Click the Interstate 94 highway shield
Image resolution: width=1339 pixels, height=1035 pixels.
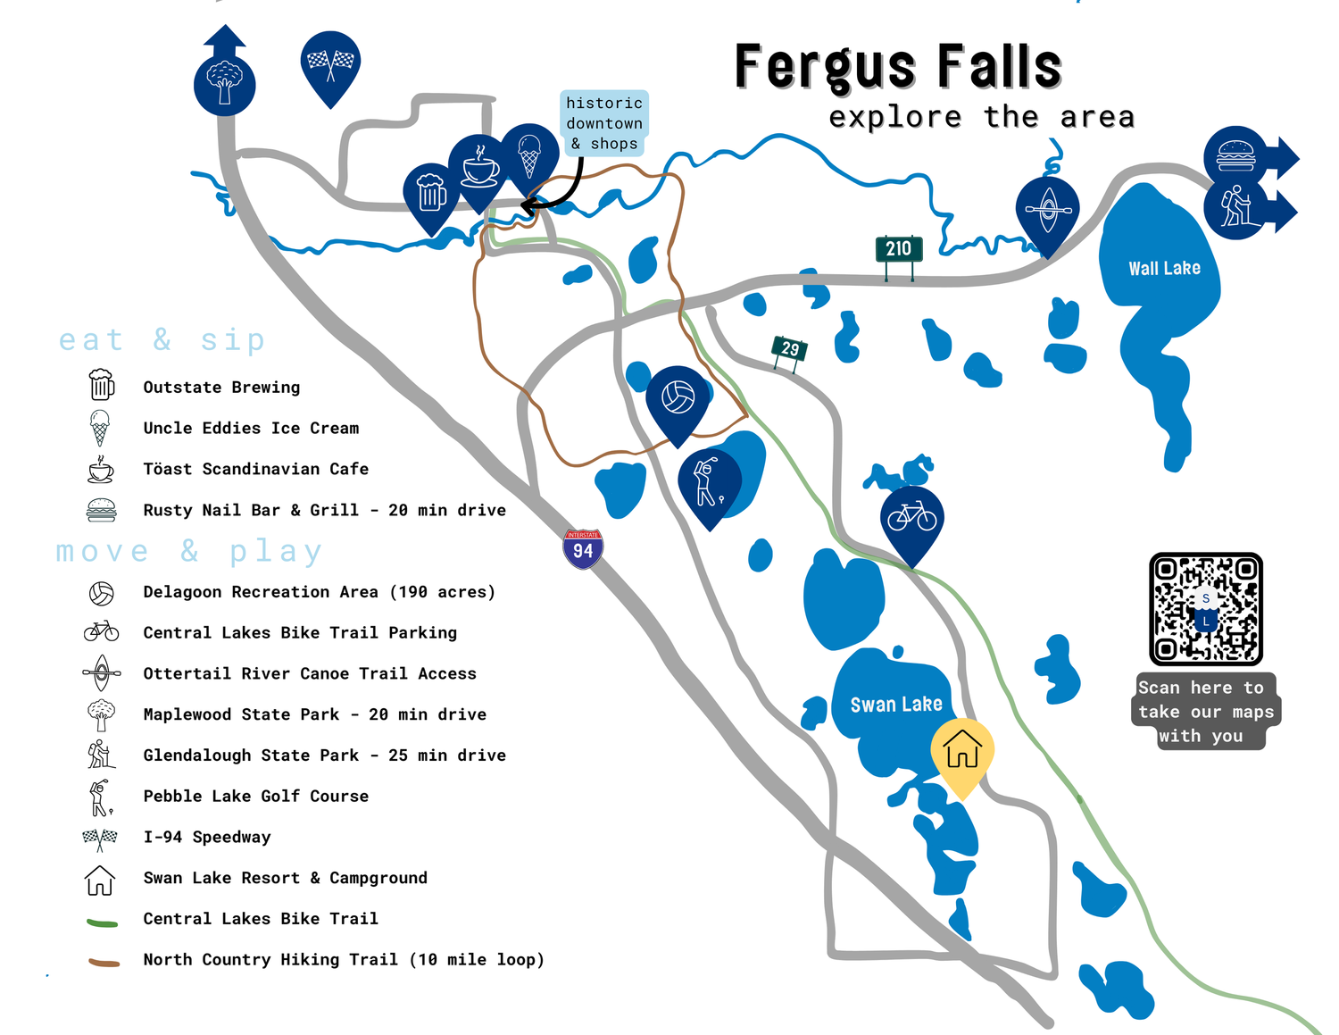pyautogui.click(x=583, y=549)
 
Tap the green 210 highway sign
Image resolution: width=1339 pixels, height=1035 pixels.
pyautogui.click(x=898, y=249)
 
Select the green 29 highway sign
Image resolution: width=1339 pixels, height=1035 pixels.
pyautogui.click(x=790, y=349)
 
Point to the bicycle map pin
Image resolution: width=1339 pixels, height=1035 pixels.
pyautogui.click(x=911, y=519)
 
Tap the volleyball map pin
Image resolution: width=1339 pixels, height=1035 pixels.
pyautogui.click(x=678, y=399)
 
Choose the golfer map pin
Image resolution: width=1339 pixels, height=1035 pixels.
pyautogui.click(x=709, y=483)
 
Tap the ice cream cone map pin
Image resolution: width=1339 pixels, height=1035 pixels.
pyautogui.click(x=529, y=156)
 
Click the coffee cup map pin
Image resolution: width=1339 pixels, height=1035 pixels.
pyautogui.click(x=479, y=169)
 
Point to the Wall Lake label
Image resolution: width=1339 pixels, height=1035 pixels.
pyautogui.click(x=1164, y=269)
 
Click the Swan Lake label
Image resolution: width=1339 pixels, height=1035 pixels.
pyautogui.click(x=896, y=705)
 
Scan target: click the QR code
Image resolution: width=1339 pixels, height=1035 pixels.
pyautogui.click(x=1205, y=609)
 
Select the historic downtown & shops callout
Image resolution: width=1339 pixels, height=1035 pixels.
pyautogui.click(x=604, y=123)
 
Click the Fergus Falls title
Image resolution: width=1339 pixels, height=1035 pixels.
pyautogui.click(x=898, y=67)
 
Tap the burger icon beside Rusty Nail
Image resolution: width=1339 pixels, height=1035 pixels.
pyautogui.click(x=102, y=510)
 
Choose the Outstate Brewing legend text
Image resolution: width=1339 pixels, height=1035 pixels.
pyautogui.click(x=221, y=388)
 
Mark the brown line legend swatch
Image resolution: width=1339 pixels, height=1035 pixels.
pyautogui.click(x=104, y=962)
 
